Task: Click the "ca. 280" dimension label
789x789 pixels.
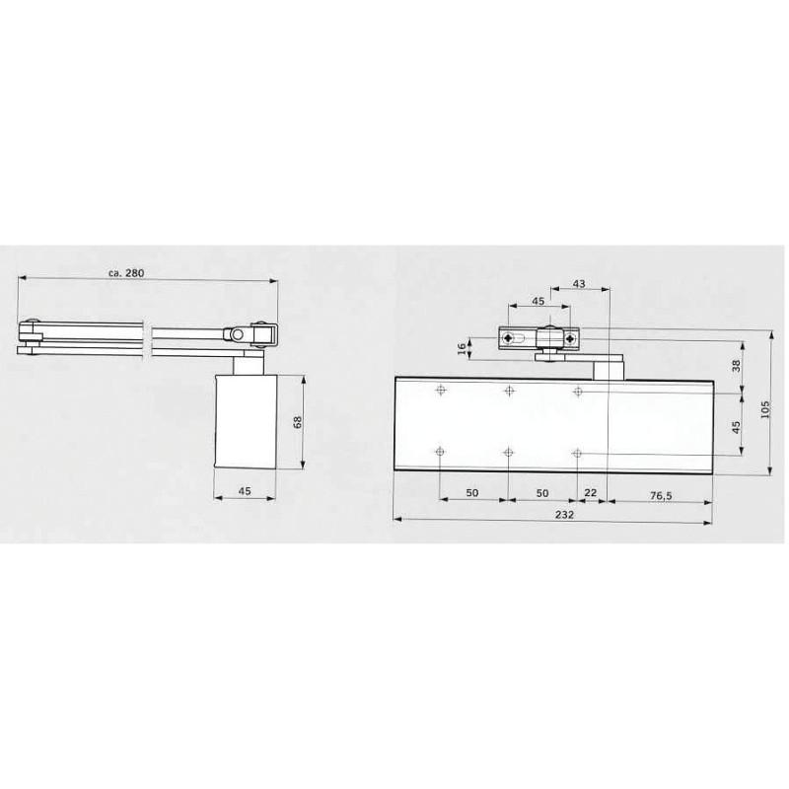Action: pyautogui.click(x=126, y=273)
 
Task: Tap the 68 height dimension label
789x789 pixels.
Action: pyautogui.click(x=298, y=422)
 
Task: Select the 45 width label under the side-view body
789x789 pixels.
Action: pyautogui.click(x=245, y=491)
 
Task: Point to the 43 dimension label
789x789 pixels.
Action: pyautogui.click(x=579, y=284)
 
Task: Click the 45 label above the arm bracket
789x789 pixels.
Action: pyautogui.click(x=538, y=301)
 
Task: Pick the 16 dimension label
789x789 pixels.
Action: pyautogui.click(x=463, y=349)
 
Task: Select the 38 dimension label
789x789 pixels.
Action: pyautogui.click(x=736, y=366)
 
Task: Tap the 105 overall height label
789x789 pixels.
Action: pyautogui.click(x=765, y=410)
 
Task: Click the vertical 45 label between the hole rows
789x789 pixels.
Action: pyautogui.click(x=736, y=428)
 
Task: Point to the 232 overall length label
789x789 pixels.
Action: pyautogui.click(x=564, y=514)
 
